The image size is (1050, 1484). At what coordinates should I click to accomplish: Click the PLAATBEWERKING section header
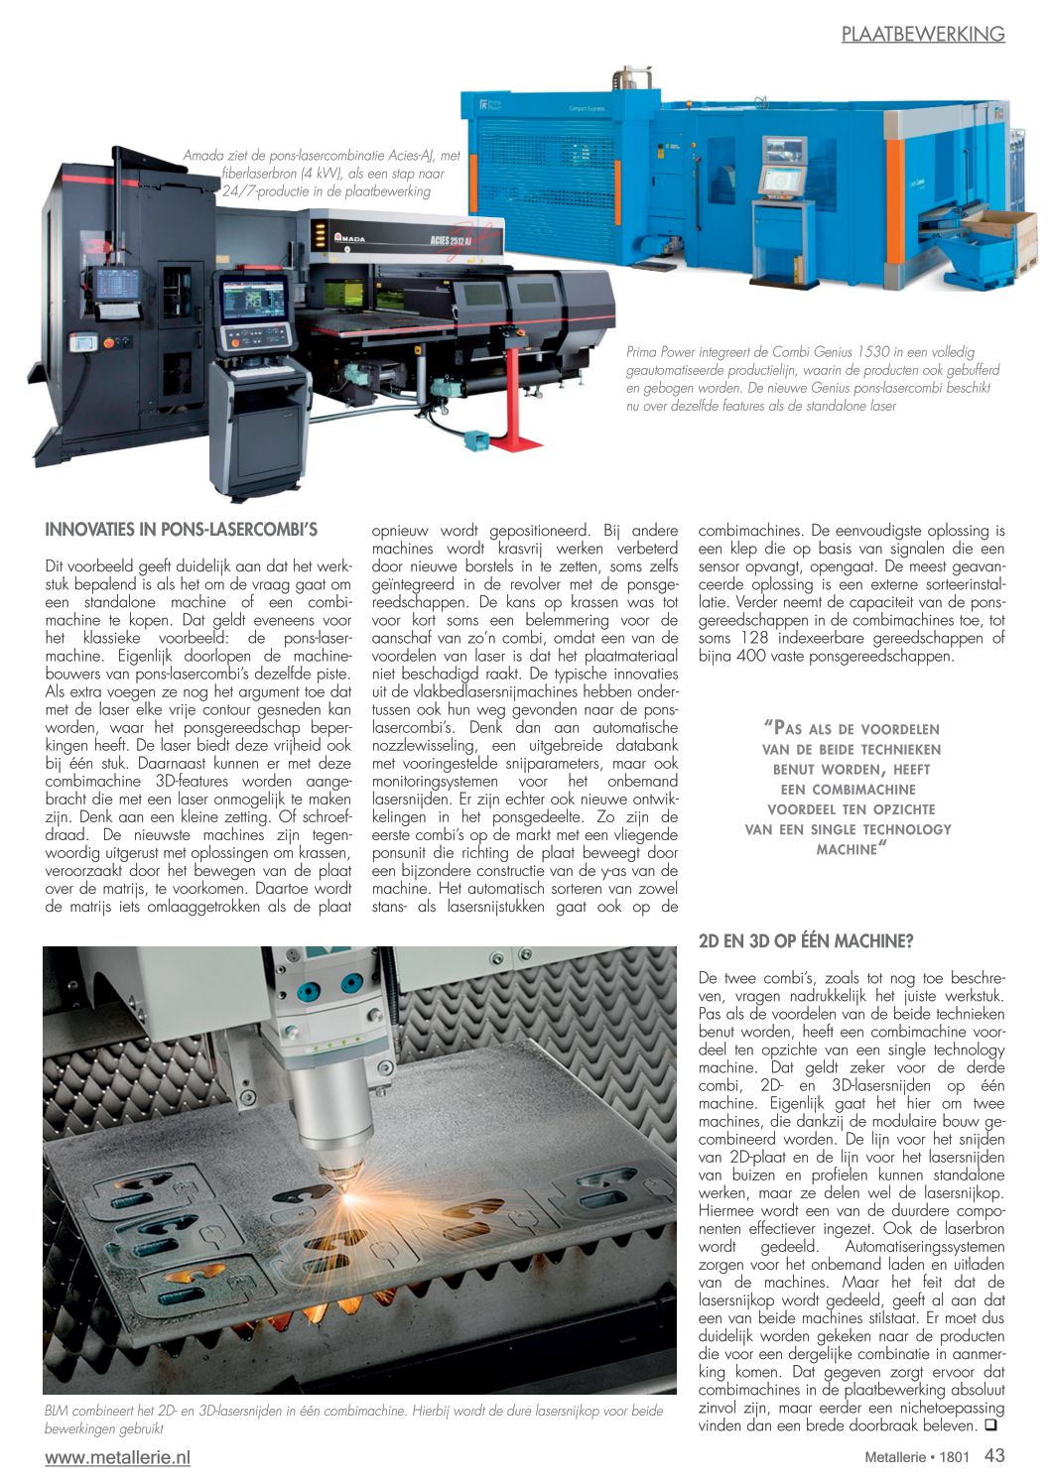[x=923, y=34]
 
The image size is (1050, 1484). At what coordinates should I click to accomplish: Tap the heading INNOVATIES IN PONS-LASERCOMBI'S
[x=181, y=530]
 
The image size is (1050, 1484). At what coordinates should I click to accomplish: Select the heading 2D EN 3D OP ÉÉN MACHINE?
[x=805, y=940]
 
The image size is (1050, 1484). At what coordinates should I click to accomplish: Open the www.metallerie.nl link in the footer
[x=117, y=1457]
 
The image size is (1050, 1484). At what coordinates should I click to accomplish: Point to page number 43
[x=994, y=1455]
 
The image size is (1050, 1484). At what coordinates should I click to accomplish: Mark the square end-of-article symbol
[x=989, y=1426]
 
